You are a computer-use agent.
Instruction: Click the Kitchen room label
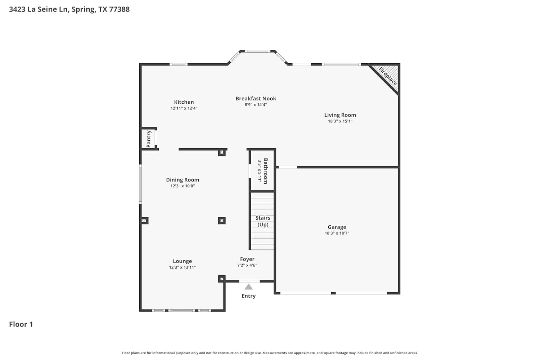click(x=184, y=102)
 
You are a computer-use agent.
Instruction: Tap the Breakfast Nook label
click(x=256, y=98)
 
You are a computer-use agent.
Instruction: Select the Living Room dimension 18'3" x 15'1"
click(x=340, y=121)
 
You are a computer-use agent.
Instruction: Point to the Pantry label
click(x=148, y=139)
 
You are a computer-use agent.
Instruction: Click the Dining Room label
click(x=183, y=180)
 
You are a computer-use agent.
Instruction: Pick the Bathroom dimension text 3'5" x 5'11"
click(x=260, y=171)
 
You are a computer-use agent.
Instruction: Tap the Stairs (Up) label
click(x=263, y=221)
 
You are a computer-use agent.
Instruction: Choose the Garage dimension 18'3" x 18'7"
click(x=337, y=233)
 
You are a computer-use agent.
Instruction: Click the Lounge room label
click(x=182, y=261)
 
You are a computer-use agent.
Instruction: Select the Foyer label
click(x=247, y=259)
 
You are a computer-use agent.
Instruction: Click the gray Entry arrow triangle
click(x=248, y=287)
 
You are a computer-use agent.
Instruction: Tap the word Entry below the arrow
click(x=248, y=296)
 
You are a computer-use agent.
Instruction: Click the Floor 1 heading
click(x=21, y=324)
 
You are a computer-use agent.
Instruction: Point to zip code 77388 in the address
click(x=119, y=9)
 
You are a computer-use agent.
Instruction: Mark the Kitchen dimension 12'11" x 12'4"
click(x=184, y=108)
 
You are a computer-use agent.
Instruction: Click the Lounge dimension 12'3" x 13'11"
click(x=182, y=267)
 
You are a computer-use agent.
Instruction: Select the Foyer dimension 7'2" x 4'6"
click(x=247, y=265)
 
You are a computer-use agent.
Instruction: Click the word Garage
click(x=337, y=227)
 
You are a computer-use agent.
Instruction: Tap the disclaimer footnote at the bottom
click(x=270, y=353)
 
